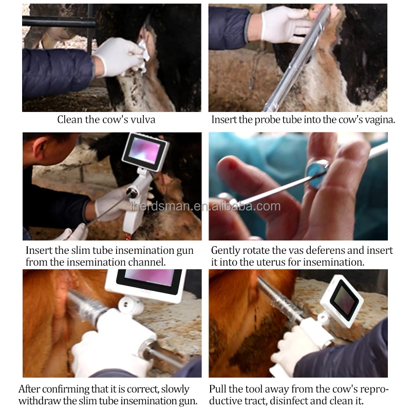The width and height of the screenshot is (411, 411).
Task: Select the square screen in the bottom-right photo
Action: coord(342,301)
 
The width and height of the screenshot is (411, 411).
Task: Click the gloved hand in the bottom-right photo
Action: coord(293,349)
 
